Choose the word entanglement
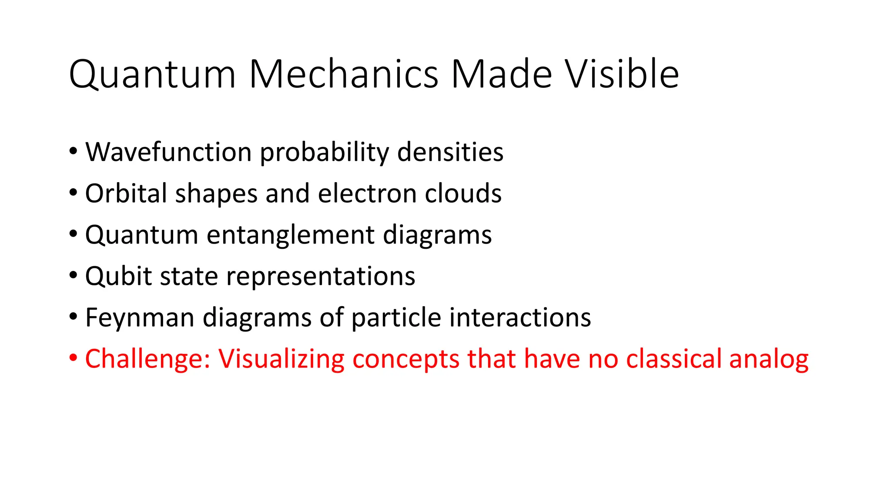click(290, 235)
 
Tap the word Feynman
click(140, 318)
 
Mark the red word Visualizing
click(281, 359)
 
